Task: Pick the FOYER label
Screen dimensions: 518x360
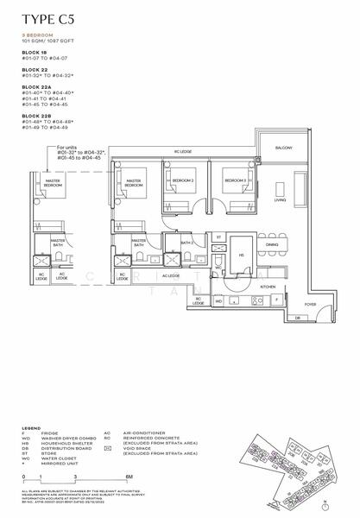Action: [309, 304]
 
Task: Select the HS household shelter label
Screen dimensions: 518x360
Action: [242, 255]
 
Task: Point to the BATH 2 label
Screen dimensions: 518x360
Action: [185, 243]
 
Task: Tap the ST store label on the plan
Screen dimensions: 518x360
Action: [219, 237]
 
